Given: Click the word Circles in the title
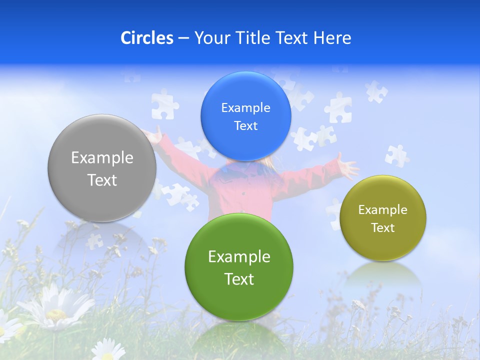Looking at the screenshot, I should tap(147, 38).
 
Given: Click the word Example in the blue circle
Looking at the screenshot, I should tap(245, 107).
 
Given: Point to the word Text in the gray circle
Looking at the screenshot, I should tap(102, 180).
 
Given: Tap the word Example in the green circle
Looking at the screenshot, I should tap(239, 256).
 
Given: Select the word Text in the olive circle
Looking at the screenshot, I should tap(383, 227).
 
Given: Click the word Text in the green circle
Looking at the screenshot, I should tap(239, 279).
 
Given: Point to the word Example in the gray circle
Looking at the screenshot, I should tap(102, 157).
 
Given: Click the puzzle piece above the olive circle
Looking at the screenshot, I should tap(396, 155).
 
